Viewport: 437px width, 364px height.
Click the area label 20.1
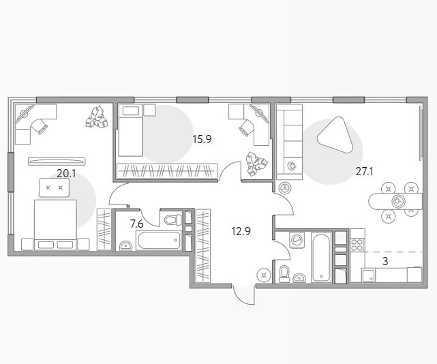(66, 174)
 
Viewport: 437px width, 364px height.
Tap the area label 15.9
(202, 139)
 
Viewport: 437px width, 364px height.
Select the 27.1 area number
(364, 171)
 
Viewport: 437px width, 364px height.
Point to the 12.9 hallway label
(241, 231)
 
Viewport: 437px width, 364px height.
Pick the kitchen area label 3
(385, 262)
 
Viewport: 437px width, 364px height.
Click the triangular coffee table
(335, 134)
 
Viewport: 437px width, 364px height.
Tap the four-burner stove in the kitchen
(357, 245)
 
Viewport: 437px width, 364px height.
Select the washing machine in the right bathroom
(297, 239)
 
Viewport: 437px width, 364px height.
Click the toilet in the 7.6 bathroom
(173, 219)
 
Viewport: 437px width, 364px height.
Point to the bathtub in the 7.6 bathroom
(159, 240)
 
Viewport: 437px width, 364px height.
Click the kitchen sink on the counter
(368, 275)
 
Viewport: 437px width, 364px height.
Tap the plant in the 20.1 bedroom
(96, 118)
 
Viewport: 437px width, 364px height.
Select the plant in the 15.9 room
(256, 164)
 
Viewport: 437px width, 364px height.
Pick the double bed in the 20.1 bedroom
(55, 225)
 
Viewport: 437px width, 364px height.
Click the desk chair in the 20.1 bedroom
(40, 126)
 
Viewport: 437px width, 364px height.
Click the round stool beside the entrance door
(263, 275)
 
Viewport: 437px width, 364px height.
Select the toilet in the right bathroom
(284, 273)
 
